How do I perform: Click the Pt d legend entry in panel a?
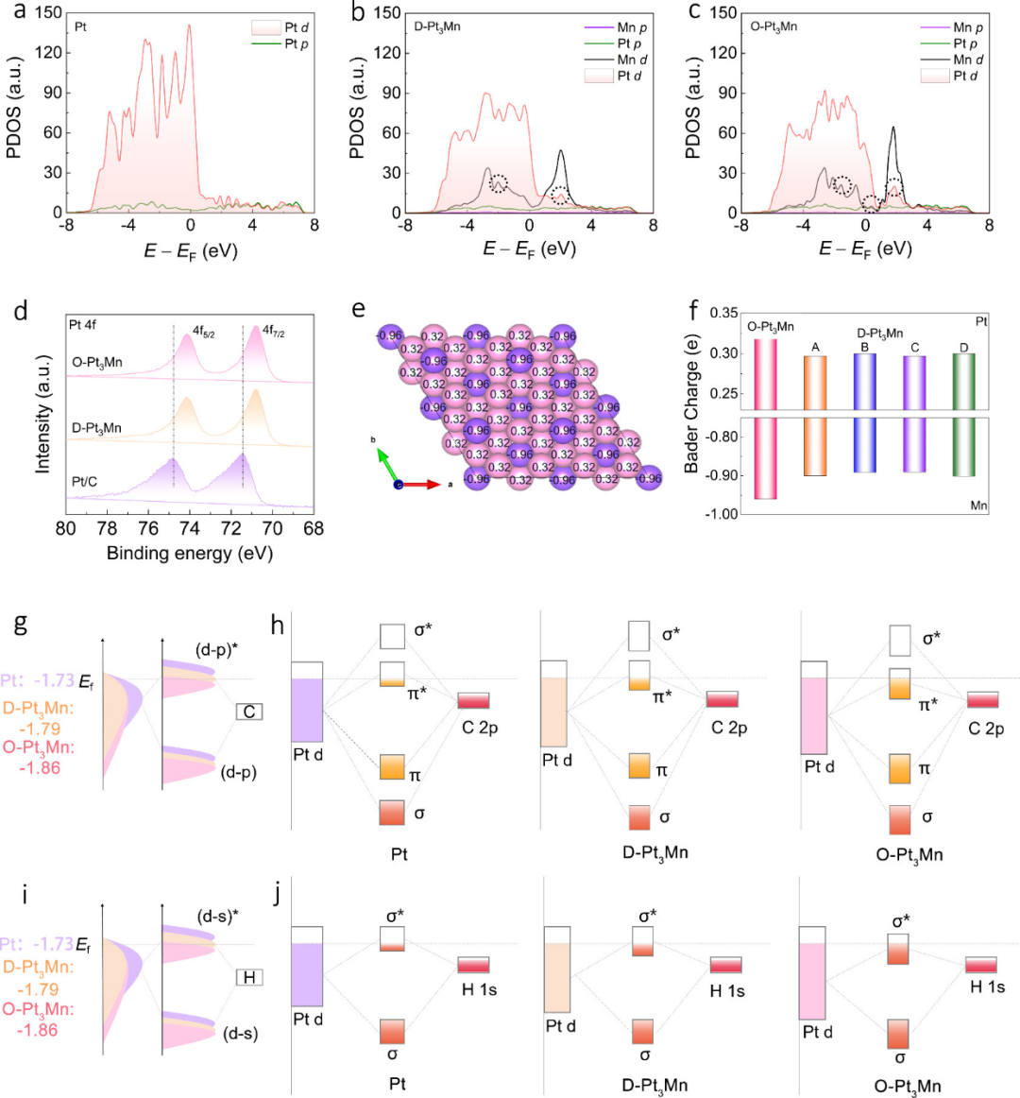coord(280,28)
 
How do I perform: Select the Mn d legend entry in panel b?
coord(616,60)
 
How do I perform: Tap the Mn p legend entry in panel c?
coord(951,27)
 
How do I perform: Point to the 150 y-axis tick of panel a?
coord(49,12)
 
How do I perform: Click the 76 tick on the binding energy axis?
coord(147,528)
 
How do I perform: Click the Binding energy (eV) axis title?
coord(190,553)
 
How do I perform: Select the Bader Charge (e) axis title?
coord(692,406)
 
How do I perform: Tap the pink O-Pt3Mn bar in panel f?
coord(765,419)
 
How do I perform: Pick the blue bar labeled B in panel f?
coord(864,412)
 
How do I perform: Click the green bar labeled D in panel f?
coord(964,415)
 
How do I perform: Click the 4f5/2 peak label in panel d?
coord(204,332)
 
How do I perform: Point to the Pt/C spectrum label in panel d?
coord(85,482)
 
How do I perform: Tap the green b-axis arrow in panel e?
coord(387,465)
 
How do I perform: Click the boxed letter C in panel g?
coord(249,712)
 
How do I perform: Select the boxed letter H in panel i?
coord(249,978)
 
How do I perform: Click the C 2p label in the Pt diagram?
coord(480,729)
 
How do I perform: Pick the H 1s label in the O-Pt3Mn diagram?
coord(987,987)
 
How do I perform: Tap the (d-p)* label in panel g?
coord(217,649)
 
